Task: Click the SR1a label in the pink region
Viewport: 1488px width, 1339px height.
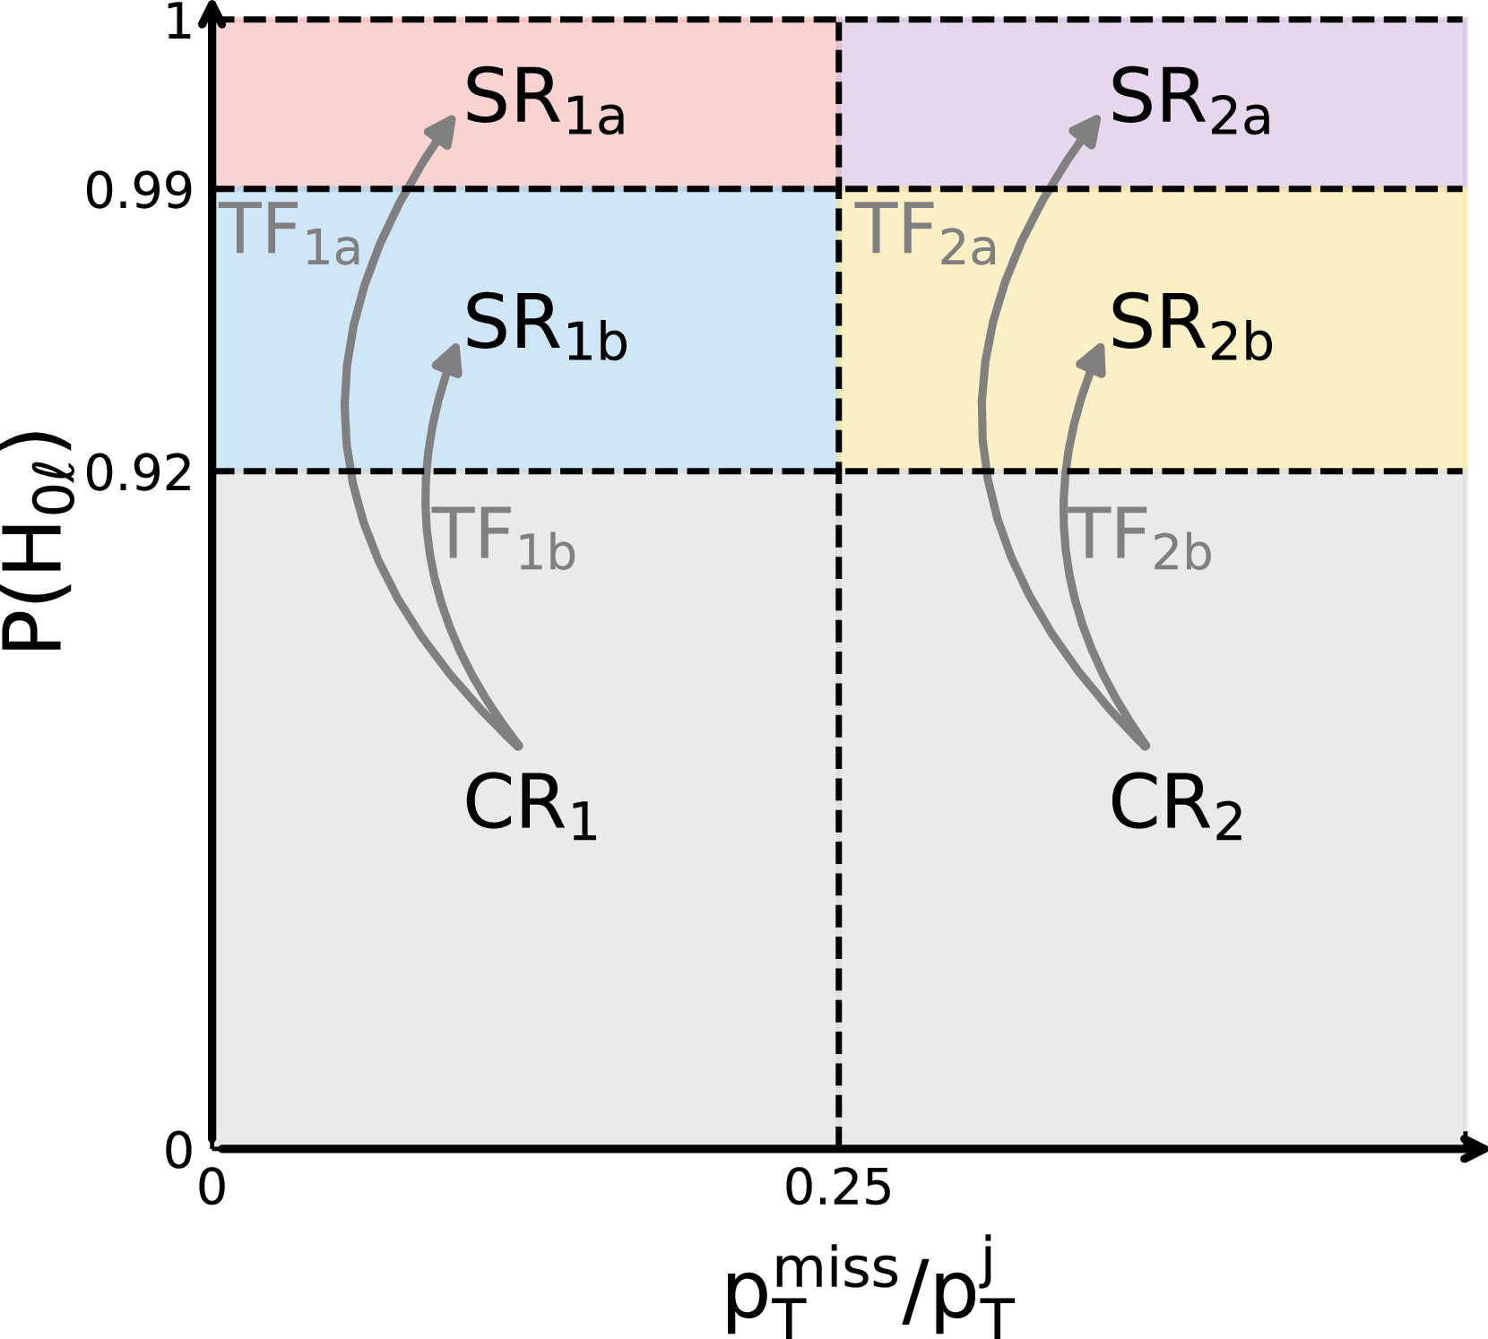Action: [x=543, y=101]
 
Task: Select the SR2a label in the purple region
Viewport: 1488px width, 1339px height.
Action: [x=1189, y=101]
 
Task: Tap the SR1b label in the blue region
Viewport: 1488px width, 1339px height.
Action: [x=544, y=327]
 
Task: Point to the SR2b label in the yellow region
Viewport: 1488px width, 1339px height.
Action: [x=1190, y=327]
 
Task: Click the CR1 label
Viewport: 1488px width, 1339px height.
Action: [x=530, y=806]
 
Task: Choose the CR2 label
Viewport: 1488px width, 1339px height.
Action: [x=1175, y=806]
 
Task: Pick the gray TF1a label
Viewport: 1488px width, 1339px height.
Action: [x=290, y=233]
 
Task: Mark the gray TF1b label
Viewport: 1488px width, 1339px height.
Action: [x=504, y=538]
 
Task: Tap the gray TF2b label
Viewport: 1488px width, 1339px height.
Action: [x=1142, y=538]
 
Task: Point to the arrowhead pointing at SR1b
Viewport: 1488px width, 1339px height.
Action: [x=450, y=357]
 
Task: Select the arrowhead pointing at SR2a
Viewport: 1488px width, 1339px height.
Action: [x=1088, y=128]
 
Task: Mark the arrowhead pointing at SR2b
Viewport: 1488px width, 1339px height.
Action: [x=1094, y=357]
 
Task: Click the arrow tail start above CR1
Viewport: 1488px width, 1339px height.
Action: [x=518, y=745]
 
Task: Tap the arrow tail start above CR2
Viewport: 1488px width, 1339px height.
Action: [x=1145, y=745]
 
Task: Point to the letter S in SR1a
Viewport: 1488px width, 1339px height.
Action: [x=484, y=97]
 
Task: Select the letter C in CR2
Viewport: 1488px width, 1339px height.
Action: [x=1131, y=804]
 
